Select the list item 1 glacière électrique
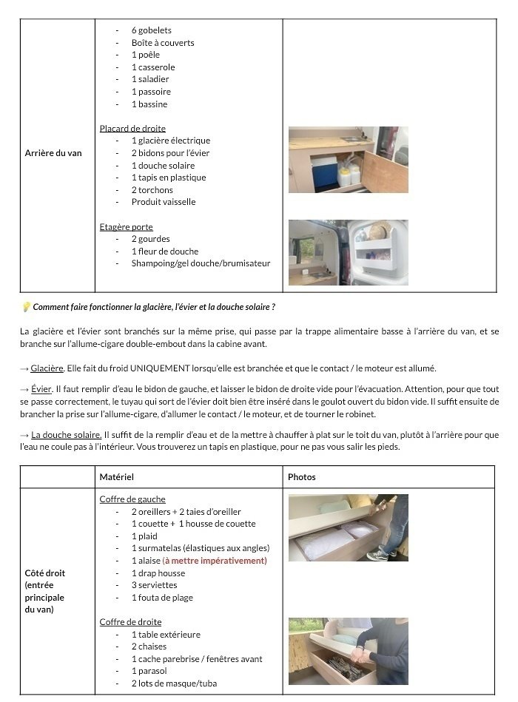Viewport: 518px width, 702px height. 171,141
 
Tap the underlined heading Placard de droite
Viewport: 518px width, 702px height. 132,128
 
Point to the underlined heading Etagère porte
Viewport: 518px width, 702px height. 126,226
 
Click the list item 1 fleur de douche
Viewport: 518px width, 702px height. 165,251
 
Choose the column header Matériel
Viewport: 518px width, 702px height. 117,477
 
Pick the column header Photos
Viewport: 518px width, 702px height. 301,477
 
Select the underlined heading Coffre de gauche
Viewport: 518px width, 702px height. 132,499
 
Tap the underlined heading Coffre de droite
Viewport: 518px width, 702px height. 130,622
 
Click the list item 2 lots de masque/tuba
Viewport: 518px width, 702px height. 174,684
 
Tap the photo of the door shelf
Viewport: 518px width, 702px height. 349,252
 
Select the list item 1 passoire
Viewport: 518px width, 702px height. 151,92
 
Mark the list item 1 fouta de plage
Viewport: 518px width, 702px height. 162,598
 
